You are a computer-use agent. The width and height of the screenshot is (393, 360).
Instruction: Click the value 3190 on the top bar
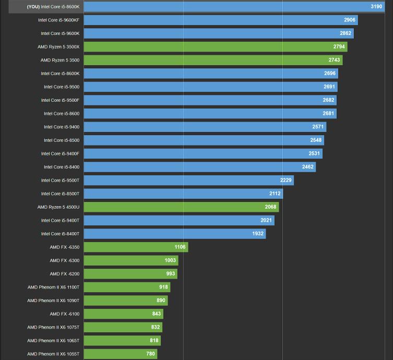376,7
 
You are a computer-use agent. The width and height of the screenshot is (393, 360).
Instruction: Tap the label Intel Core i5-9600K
60,33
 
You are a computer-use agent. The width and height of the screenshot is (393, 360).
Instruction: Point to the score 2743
334,60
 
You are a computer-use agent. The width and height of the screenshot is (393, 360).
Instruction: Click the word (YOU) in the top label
33,7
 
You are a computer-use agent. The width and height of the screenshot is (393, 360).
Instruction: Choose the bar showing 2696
209,74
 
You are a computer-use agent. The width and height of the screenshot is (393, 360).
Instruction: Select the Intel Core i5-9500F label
60,100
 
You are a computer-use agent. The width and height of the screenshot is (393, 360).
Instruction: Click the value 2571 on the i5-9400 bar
318,127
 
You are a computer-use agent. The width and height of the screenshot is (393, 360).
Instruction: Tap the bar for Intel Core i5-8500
204,140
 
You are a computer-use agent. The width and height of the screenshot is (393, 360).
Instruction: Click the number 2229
285,181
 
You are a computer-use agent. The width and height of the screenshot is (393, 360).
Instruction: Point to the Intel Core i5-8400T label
60,234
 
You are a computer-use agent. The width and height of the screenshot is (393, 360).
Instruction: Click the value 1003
170,260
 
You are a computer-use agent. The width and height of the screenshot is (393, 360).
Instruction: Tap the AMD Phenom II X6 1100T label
53,287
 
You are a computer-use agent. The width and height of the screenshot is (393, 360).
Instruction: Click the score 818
154,341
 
